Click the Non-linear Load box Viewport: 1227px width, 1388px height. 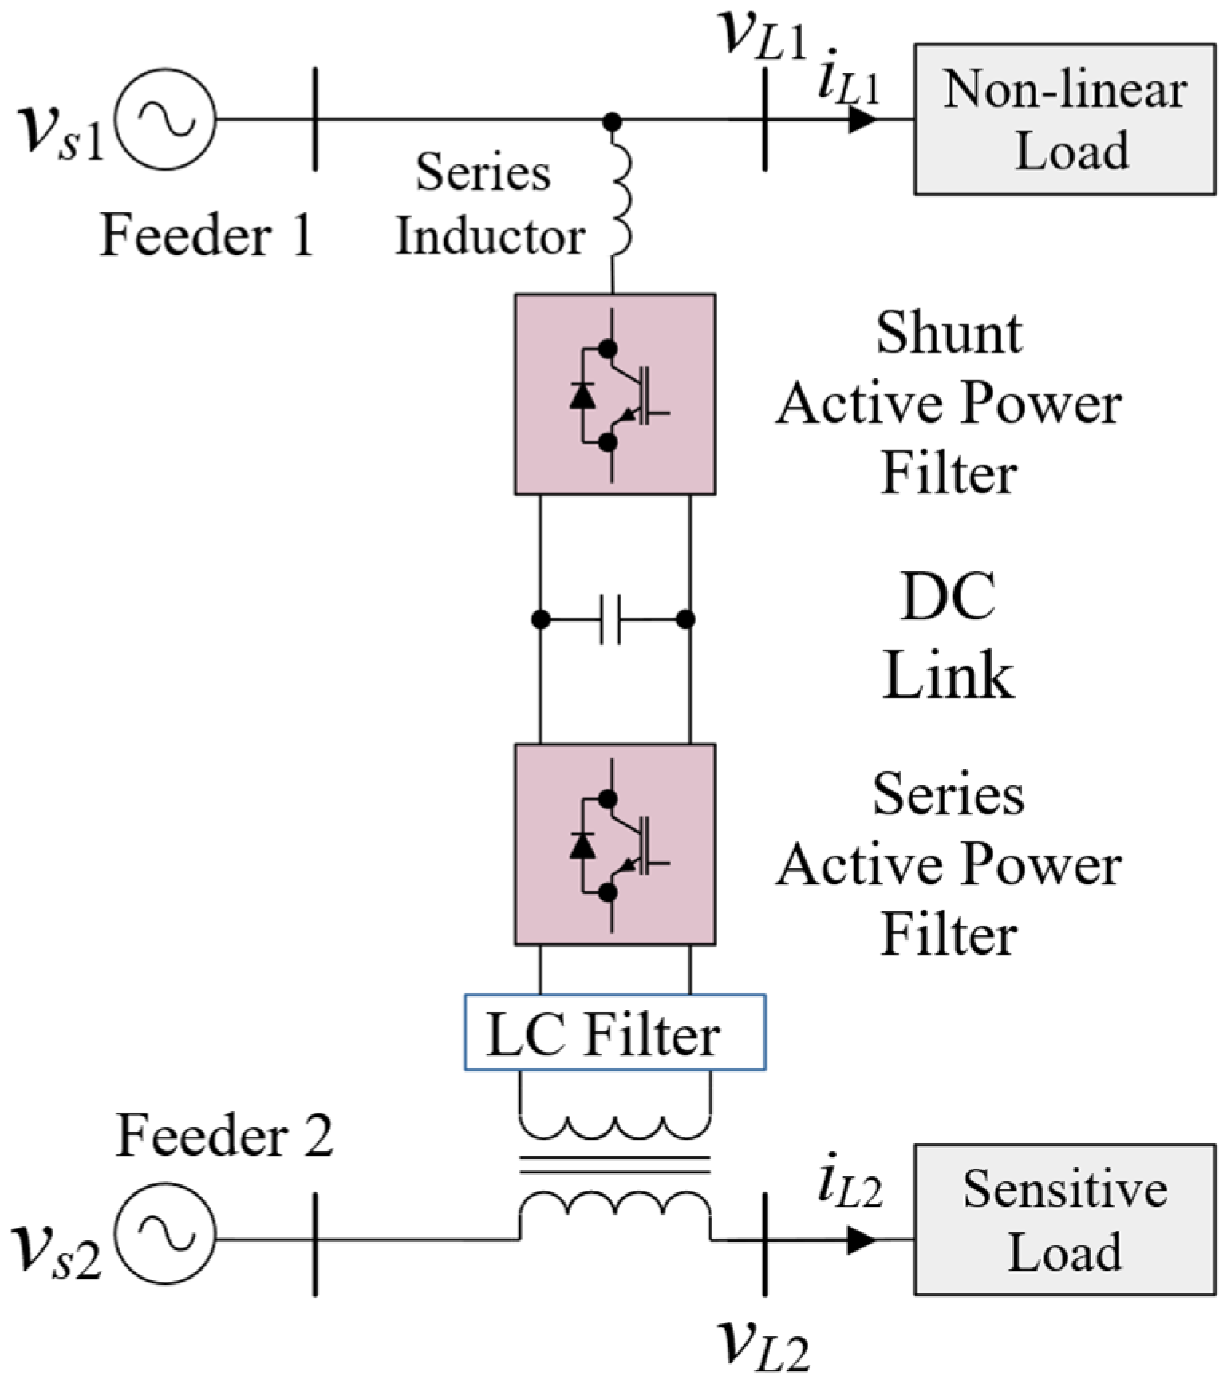[1064, 119]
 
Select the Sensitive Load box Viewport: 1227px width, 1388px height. [1064, 1219]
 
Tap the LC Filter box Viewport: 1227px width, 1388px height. [614, 1032]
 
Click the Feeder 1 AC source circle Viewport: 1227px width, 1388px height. [165, 120]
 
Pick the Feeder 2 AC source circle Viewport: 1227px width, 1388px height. [165, 1239]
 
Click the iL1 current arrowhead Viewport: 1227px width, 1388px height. [862, 120]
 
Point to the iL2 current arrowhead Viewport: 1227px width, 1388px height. [862, 1240]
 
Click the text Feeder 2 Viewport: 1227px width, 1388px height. [225, 1134]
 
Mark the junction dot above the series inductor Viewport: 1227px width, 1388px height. [612, 121]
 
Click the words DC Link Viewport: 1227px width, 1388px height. [948, 635]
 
